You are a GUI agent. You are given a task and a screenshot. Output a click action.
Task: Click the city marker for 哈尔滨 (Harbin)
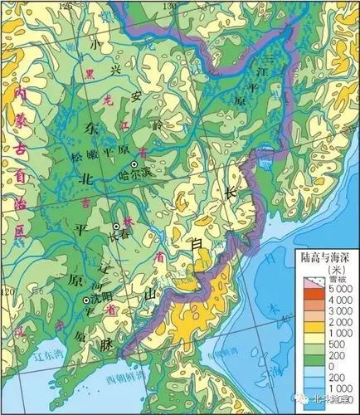click(133, 165)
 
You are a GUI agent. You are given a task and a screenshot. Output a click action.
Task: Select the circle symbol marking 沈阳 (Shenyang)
click(85, 300)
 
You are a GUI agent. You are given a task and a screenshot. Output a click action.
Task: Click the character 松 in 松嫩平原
click(79, 154)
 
